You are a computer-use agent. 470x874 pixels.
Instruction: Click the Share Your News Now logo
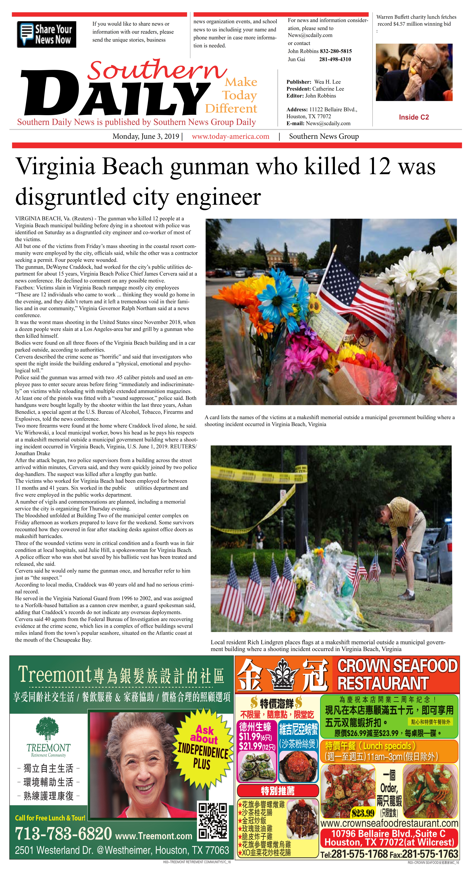pos(46,34)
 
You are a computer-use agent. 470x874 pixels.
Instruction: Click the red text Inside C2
pos(414,117)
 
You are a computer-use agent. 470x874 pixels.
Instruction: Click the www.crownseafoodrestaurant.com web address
pos(389,823)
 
